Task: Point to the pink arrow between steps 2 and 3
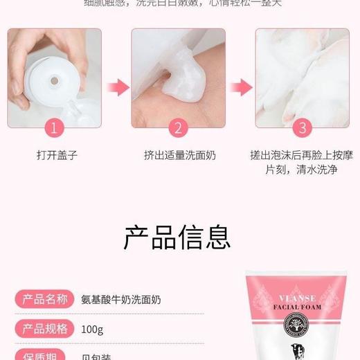(240, 87)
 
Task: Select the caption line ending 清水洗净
(302, 169)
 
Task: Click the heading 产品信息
(178, 236)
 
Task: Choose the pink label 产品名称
(46, 300)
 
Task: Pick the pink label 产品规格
(46, 328)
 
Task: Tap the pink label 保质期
(46, 355)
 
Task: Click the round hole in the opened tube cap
(50, 81)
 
